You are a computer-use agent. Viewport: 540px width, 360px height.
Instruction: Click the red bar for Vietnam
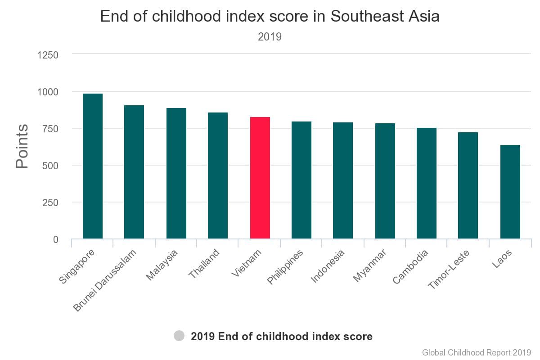coord(260,178)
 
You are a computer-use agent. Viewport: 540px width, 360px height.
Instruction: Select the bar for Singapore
coord(93,166)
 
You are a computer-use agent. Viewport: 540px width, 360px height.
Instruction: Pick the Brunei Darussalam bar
coord(134,172)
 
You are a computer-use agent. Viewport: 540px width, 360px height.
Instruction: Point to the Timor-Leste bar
coord(468,185)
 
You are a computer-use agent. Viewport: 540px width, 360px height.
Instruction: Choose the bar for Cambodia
coord(427,183)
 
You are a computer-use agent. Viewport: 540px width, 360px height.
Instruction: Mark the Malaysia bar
coord(176,173)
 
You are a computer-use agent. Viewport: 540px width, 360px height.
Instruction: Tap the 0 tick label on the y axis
coord(56,239)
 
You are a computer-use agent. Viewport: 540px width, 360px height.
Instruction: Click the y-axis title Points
coord(22,147)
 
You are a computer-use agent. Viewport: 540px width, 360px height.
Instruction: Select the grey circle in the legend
coord(179,336)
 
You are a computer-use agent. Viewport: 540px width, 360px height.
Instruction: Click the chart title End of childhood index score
coord(270,17)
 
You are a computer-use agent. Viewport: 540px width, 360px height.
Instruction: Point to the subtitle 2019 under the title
coord(270,37)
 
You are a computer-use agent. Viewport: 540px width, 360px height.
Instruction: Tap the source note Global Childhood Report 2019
coord(477,352)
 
